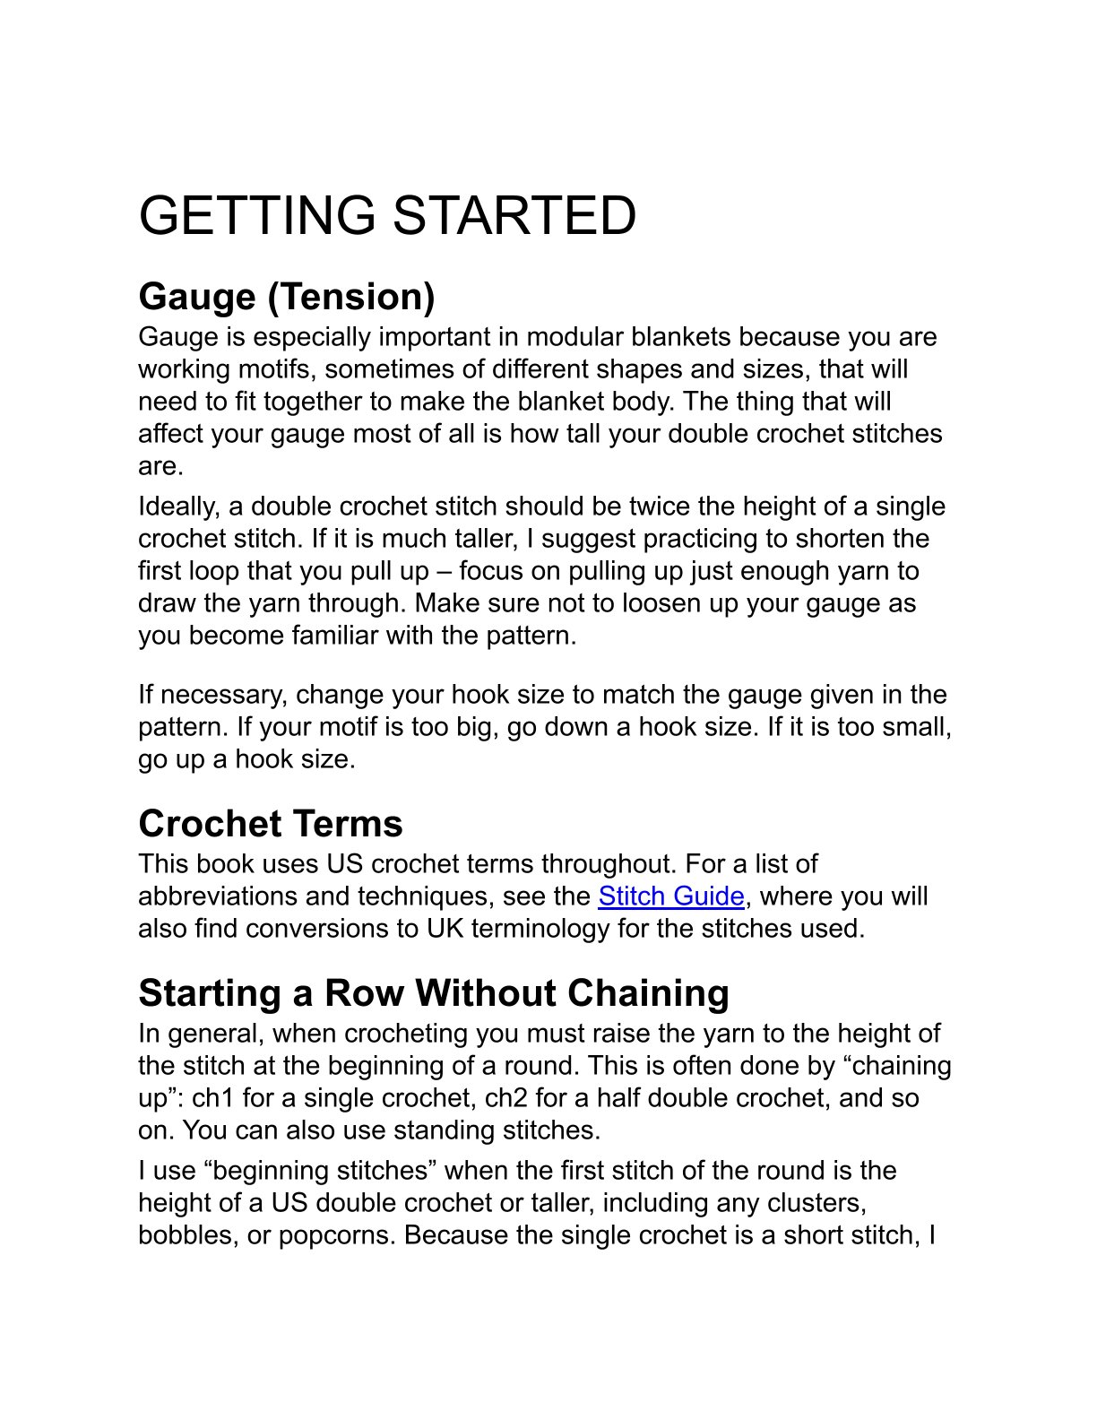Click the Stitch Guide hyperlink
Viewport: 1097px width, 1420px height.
click(670, 896)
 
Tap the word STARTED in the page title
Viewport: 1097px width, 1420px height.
click(514, 216)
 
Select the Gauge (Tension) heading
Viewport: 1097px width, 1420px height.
click(287, 297)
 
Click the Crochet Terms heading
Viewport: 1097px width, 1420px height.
click(271, 824)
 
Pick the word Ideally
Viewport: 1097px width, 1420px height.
click(178, 507)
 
